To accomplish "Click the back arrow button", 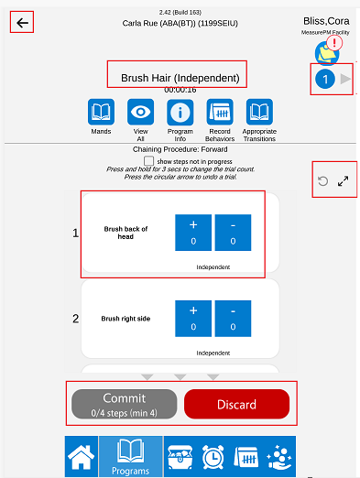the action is click(22, 23).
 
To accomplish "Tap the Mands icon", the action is click(101, 112).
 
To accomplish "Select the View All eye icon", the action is click(140, 112).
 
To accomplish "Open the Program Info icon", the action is click(180, 112).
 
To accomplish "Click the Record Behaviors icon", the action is click(220, 112).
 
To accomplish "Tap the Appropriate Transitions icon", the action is click(259, 112).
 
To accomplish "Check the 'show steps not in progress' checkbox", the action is click(148, 161).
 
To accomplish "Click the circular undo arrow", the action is click(322, 181).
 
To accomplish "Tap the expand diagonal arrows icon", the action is click(344, 181).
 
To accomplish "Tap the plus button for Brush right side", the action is click(193, 319).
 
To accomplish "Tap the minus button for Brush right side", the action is click(233, 319).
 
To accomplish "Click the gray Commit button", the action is click(125, 404).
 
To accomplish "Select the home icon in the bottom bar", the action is click(82, 457).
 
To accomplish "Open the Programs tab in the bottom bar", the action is click(131, 457).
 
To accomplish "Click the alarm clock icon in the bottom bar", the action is click(213, 457).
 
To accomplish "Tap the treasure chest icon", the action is click(180, 457).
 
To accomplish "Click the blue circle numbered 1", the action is click(325, 79).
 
